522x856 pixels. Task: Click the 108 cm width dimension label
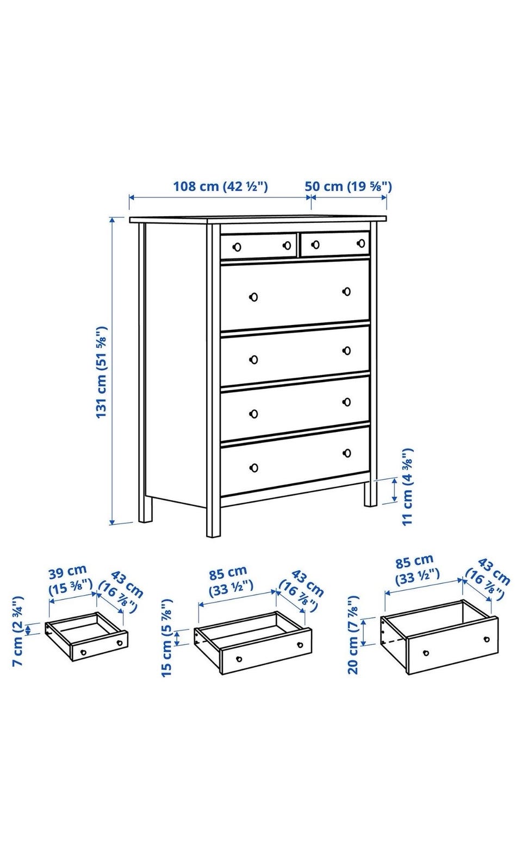[x=221, y=186]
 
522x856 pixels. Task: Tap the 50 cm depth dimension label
[x=349, y=186]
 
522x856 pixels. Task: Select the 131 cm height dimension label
[x=101, y=372]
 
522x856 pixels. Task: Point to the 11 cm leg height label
[x=408, y=487]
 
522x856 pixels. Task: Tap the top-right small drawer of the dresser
[x=335, y=244]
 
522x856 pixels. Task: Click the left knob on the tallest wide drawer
[x=253, y=297]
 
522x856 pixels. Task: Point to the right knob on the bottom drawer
[x=347, y=453]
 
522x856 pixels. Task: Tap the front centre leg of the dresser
[x=213, y=522]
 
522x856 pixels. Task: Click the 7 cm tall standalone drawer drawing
[x=86, y=636]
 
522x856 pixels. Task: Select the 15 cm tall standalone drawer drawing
[x=253, y=643]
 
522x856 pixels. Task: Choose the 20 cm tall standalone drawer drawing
[x=439, y=637]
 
